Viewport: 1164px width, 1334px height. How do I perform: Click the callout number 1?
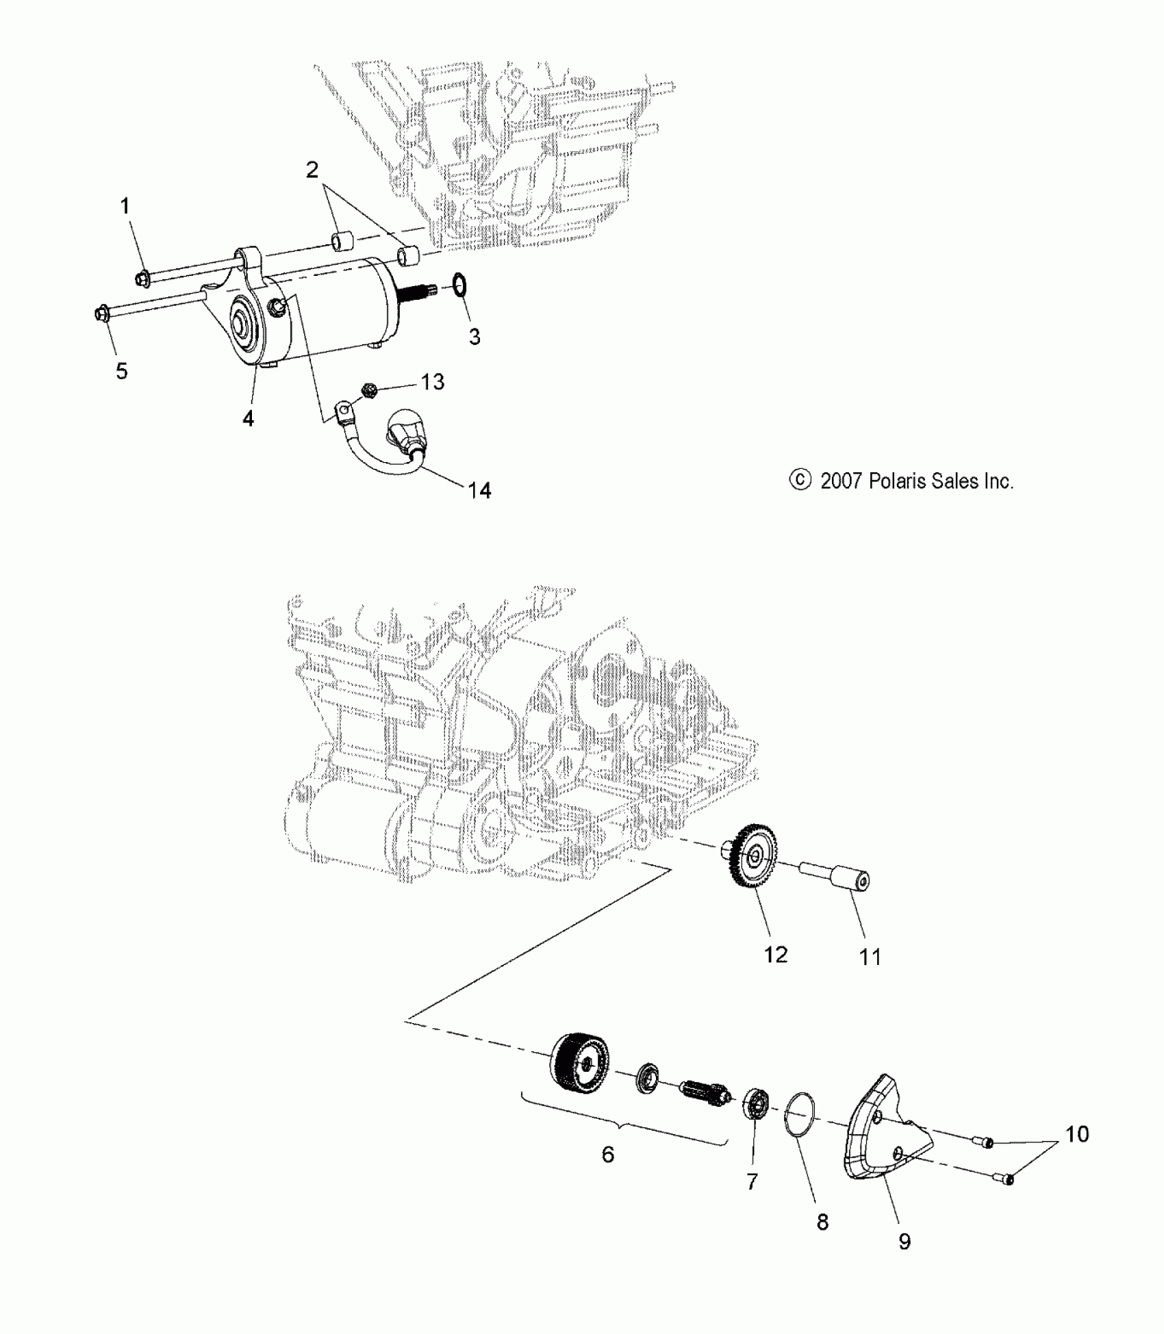[x=125, y=205]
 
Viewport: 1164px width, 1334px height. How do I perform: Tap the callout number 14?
[x=479, y=490]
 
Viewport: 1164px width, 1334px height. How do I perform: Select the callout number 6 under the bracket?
[x=608, y=1154]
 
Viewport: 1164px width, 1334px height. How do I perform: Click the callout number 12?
[x=776, y=954]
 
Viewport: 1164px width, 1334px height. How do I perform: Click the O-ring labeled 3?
[x=460, y=285]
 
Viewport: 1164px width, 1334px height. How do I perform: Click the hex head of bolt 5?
[x=100, y=314]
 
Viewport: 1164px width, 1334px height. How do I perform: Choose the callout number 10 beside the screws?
[x=1077, y=1133]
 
